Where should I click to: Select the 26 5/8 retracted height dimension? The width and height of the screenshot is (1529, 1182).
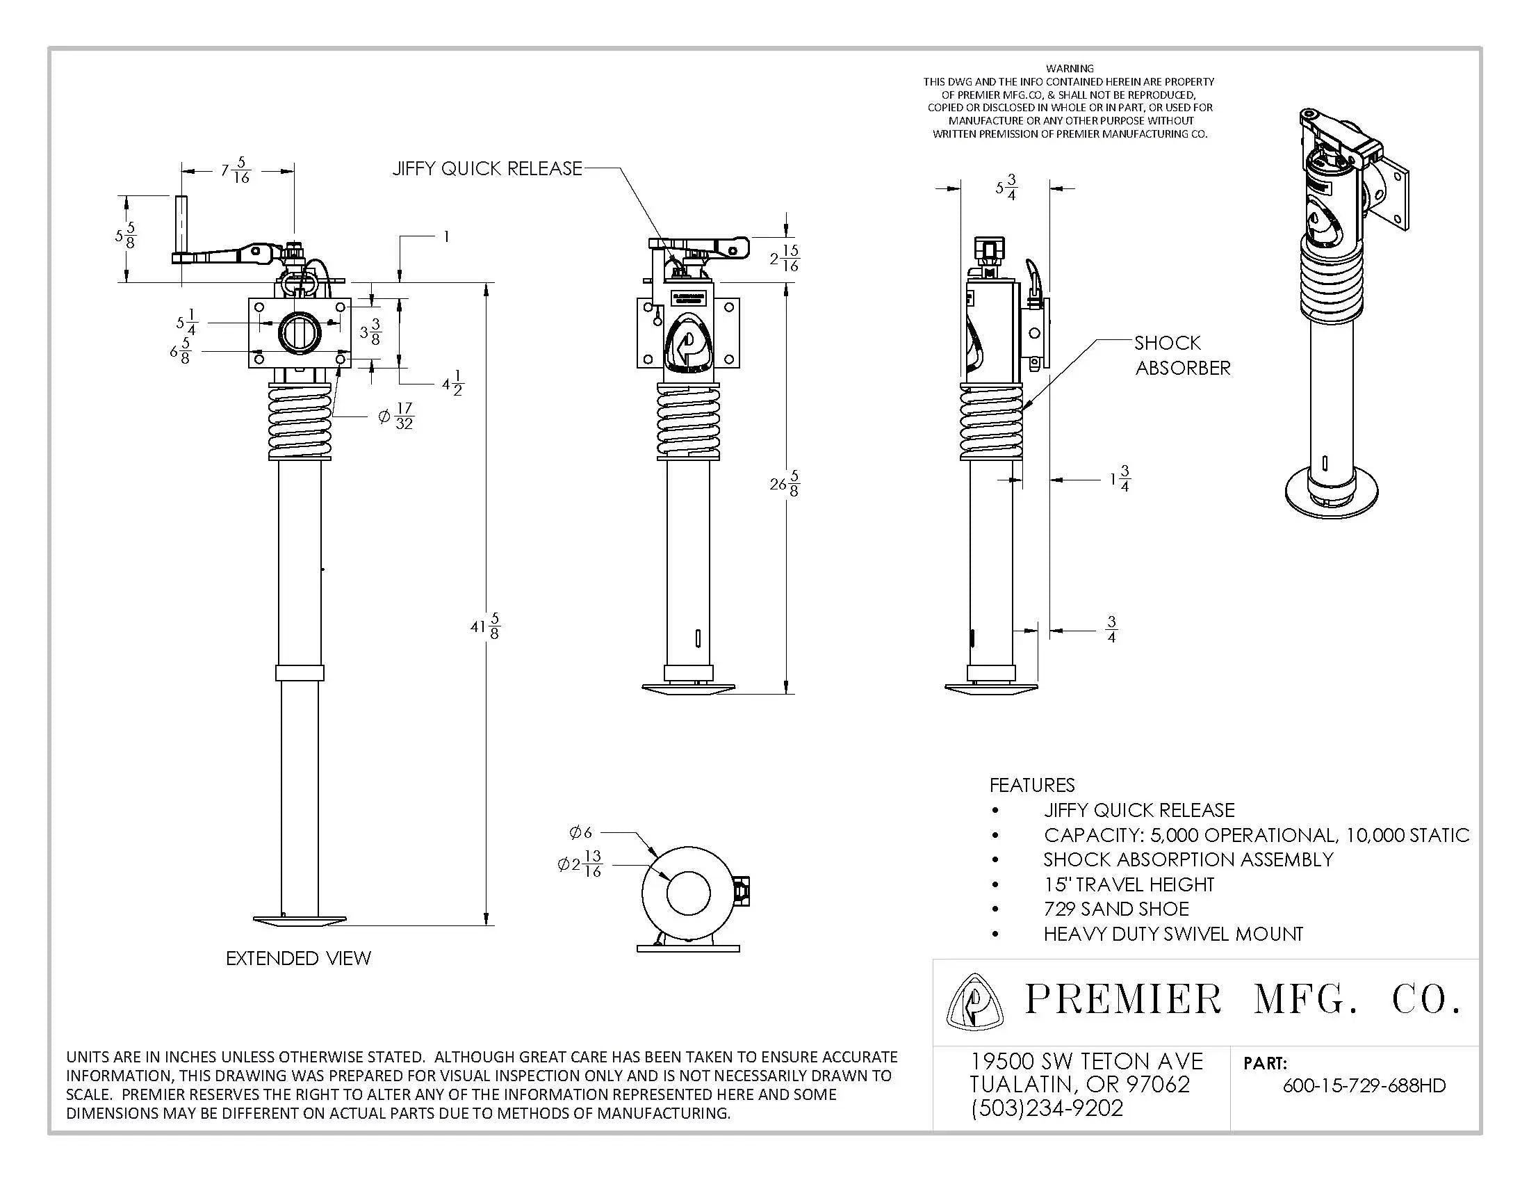785,483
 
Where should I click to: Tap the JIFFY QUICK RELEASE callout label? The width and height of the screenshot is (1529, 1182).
486,169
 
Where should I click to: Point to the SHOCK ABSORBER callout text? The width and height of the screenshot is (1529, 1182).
1181,355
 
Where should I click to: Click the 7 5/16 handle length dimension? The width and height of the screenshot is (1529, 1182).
235,170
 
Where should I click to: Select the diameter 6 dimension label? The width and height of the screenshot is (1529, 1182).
580,832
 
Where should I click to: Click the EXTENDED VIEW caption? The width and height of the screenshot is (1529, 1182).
298,958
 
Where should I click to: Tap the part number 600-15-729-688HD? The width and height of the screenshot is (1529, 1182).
1364,1085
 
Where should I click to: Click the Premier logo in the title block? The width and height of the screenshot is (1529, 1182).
974,1002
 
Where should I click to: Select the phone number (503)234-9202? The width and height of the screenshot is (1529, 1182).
1047,1108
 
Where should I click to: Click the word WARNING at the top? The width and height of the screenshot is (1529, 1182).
1069,69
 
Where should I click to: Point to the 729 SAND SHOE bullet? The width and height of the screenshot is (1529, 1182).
1116,909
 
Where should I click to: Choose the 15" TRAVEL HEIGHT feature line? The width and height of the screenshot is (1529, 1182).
1129,884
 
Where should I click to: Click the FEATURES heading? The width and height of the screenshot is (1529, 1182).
1032,785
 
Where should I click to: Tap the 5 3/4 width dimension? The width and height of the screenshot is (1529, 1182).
1006,188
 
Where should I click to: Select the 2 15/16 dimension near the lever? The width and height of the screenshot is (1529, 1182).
785,259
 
